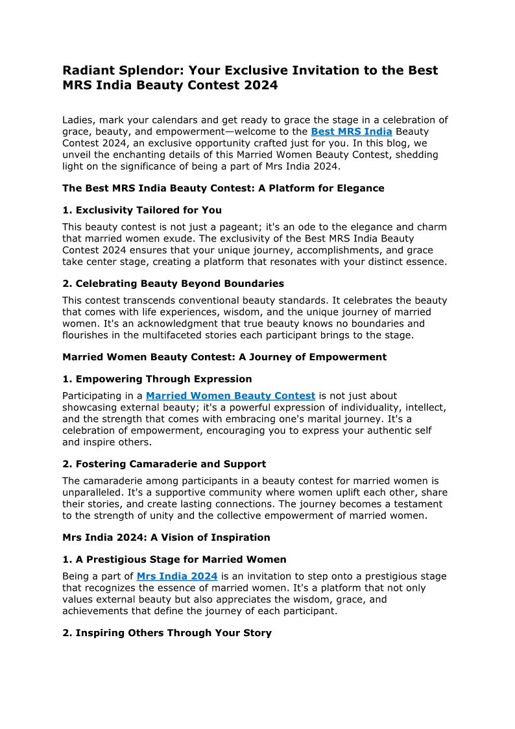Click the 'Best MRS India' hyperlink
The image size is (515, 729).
click(x=351, y=132)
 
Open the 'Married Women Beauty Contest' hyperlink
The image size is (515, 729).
click(x=230, y=395)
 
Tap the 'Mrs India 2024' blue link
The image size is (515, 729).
click(x=176, y=576)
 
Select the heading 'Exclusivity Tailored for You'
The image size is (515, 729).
click(x=149, y=210)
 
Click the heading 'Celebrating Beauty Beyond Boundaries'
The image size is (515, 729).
click(x=180, y=284)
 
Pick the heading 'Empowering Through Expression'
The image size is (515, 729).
click(x=163, y=379)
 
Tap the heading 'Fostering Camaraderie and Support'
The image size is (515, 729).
click(x=171, y=464)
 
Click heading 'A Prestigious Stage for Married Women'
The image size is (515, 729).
click(x=181, y=560)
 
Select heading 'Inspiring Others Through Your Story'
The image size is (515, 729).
click(x=173, y=633)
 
